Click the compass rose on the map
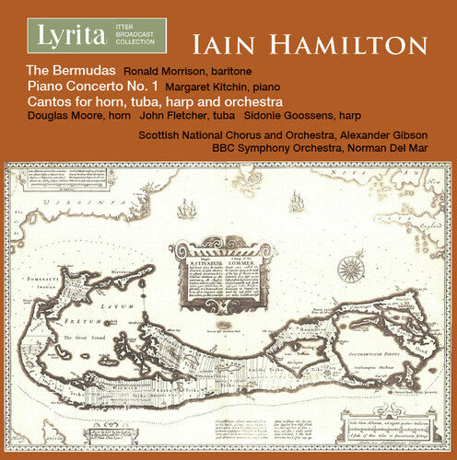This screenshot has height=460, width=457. click(x=350, y=270)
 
